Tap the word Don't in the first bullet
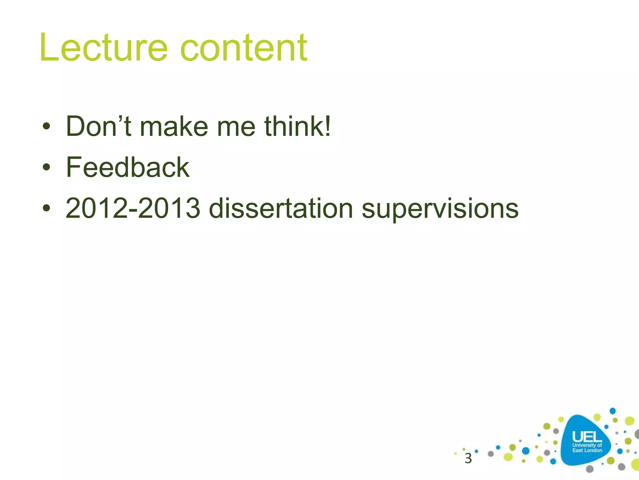point(99,126)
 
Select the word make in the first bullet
point(174,126)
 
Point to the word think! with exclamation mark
point(297,126)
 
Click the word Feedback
point(128,167)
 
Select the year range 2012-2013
point(133,208)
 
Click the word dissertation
point(281,208)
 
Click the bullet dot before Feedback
point(46,167)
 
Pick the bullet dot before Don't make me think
point(46,126)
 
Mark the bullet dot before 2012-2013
point(46,208)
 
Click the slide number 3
point(468,458)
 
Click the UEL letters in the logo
point(587,437)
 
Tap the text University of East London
point(587,448)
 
